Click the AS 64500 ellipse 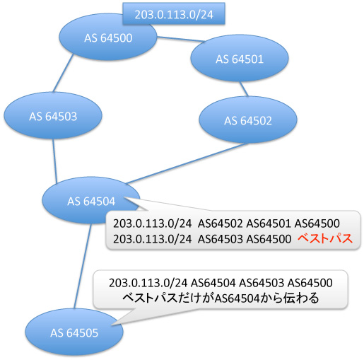[108, 37]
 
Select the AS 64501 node [240, 58]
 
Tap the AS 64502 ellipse [248, 120]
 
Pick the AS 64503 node [53, 115]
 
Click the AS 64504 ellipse [91, 200]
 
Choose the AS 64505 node [74, 332]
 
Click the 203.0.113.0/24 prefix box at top [174, 13]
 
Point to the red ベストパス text [325, 238]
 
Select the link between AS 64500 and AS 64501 [181, 39]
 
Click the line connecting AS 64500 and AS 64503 [63, 74]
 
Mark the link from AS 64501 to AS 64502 [244, 89]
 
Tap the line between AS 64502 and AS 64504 [187, 163]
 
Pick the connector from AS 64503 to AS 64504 [55, 161]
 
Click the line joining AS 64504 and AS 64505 [83, 266]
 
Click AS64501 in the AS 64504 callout [268, 223]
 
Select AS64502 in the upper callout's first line [220, 223]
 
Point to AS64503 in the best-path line [220, 239]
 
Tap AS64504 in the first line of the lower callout [213, 282]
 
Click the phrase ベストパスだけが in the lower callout [168, 298]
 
